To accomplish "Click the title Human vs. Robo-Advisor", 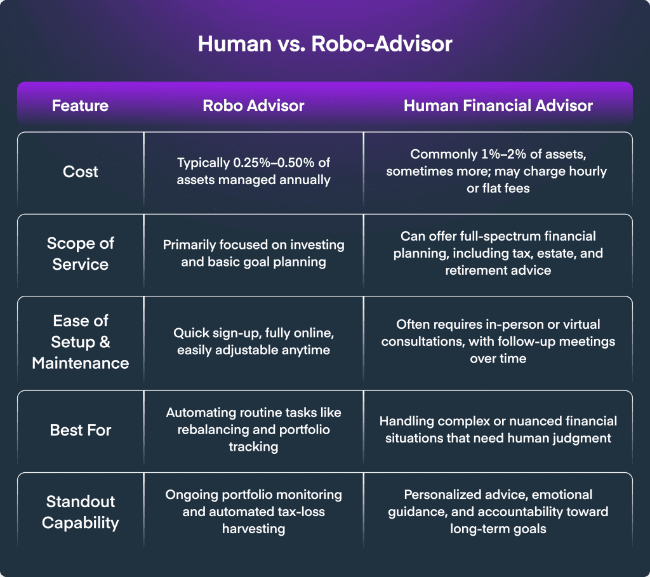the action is pyautogui.click(x=325, y=44).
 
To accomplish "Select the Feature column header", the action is pyautogui.click(x=80, y=106).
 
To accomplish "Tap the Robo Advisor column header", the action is pyautogui.click(x=253, y=106).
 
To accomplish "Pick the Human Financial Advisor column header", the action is pyautogui.click(x=498, y=106).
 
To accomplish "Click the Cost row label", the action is pyautogui.click(x=81, y=171).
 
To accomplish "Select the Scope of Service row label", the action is pyautogui.click(x=81, y=254).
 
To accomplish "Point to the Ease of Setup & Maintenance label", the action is pyautogui.click(x=81, y=342).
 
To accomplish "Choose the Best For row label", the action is pyautogui.click(x=81, y=430).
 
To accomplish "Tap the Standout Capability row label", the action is pyautogui.click(x=81, y=512).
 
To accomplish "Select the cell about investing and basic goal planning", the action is pyautogui.click(x=253, y=253).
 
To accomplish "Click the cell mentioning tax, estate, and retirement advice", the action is pyautogui.click(x=498, y=253).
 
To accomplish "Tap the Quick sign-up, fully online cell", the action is pyautogui.click(x=253, y=342).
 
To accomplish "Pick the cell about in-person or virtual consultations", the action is pyautogui.click(x=498, y=342).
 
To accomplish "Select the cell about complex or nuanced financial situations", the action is pyautogui.click(x=498, y=430).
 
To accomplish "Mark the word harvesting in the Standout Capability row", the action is pyautogui.click(x=253, y=529).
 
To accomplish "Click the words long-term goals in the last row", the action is pyautogui.click(x=498, y=529).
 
